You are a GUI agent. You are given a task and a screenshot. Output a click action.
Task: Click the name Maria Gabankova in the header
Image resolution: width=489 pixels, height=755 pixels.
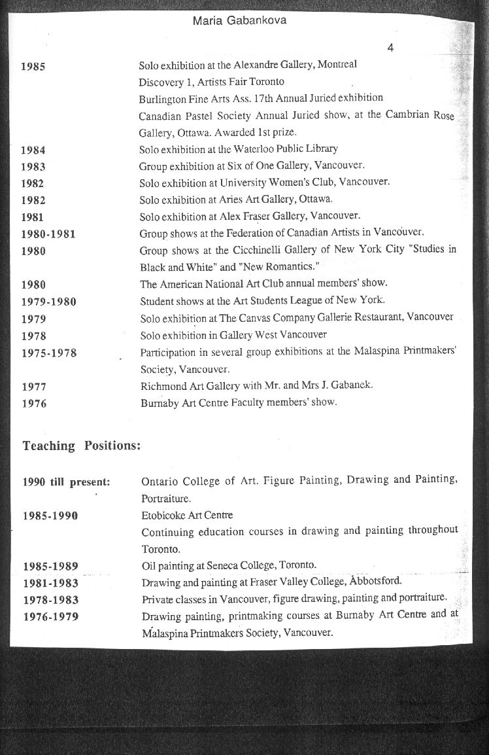(240, 21)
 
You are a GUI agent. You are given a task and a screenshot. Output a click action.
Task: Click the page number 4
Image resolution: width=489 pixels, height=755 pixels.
(390, 47)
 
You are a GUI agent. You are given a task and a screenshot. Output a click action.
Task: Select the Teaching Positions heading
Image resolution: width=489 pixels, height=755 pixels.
(82, 446)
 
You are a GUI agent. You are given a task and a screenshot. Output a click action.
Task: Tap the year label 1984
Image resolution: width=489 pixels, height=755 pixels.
(33, 150)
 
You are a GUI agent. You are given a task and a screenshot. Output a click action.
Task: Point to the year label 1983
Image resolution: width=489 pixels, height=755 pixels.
(33, 167)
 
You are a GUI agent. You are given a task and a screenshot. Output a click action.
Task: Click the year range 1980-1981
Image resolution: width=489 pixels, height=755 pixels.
(49, 234)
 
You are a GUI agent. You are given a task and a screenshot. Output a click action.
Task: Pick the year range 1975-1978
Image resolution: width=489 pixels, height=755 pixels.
(49, 353)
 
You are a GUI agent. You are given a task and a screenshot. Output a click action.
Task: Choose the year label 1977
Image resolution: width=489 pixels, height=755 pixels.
(34, 387)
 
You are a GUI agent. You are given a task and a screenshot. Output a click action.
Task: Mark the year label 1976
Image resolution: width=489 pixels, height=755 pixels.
(34, 404)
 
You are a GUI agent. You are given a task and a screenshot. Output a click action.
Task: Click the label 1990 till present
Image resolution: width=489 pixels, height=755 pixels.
(66, 482)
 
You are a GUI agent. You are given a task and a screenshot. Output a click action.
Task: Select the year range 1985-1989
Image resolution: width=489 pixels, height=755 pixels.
(50, 566)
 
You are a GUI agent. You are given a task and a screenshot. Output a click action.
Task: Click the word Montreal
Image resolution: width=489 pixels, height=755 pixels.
(337, 65)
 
